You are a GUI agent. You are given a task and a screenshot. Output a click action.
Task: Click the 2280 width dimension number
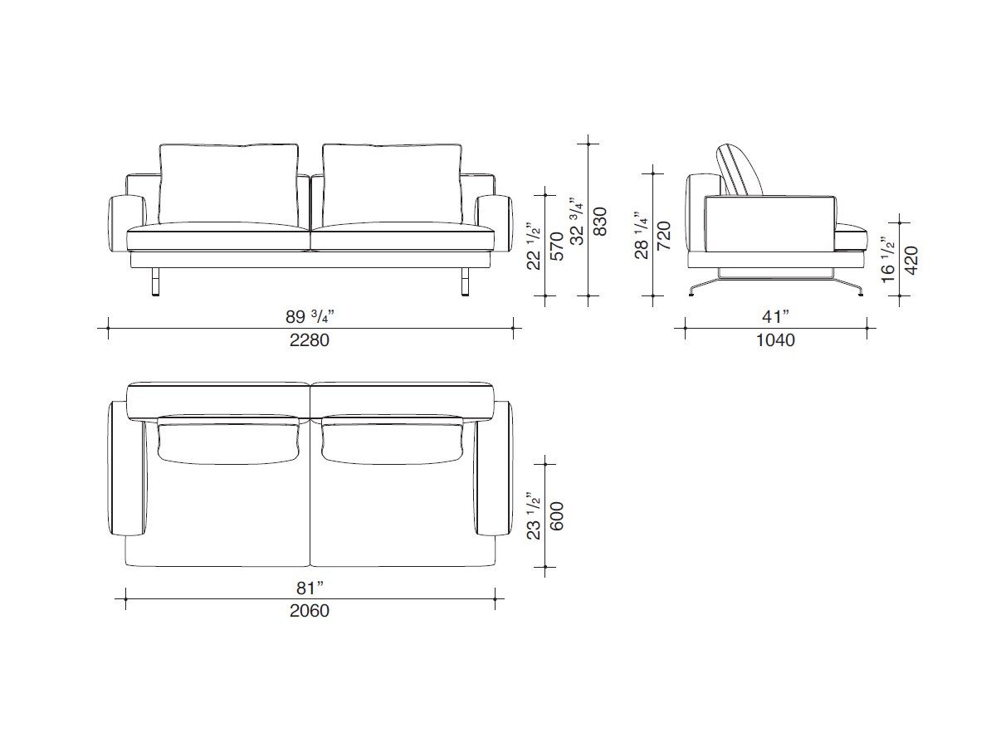pos(310,340)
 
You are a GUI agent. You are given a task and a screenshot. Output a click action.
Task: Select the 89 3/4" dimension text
pos(310,316)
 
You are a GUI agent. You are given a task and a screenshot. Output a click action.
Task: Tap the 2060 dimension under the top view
pos(310,611)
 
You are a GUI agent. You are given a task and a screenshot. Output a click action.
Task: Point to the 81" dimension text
pos(310,588)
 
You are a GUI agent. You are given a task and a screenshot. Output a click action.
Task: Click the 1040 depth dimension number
pos(775,340)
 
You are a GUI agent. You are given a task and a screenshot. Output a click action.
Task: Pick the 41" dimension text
pos(776,316)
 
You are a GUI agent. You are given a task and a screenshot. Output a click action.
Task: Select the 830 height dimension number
pos(600,222)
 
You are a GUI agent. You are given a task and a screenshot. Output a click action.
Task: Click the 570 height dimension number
pos(556,247)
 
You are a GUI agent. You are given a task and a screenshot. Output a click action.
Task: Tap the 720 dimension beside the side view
pos(664,235)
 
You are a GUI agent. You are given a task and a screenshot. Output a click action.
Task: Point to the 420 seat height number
pos(911,261)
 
